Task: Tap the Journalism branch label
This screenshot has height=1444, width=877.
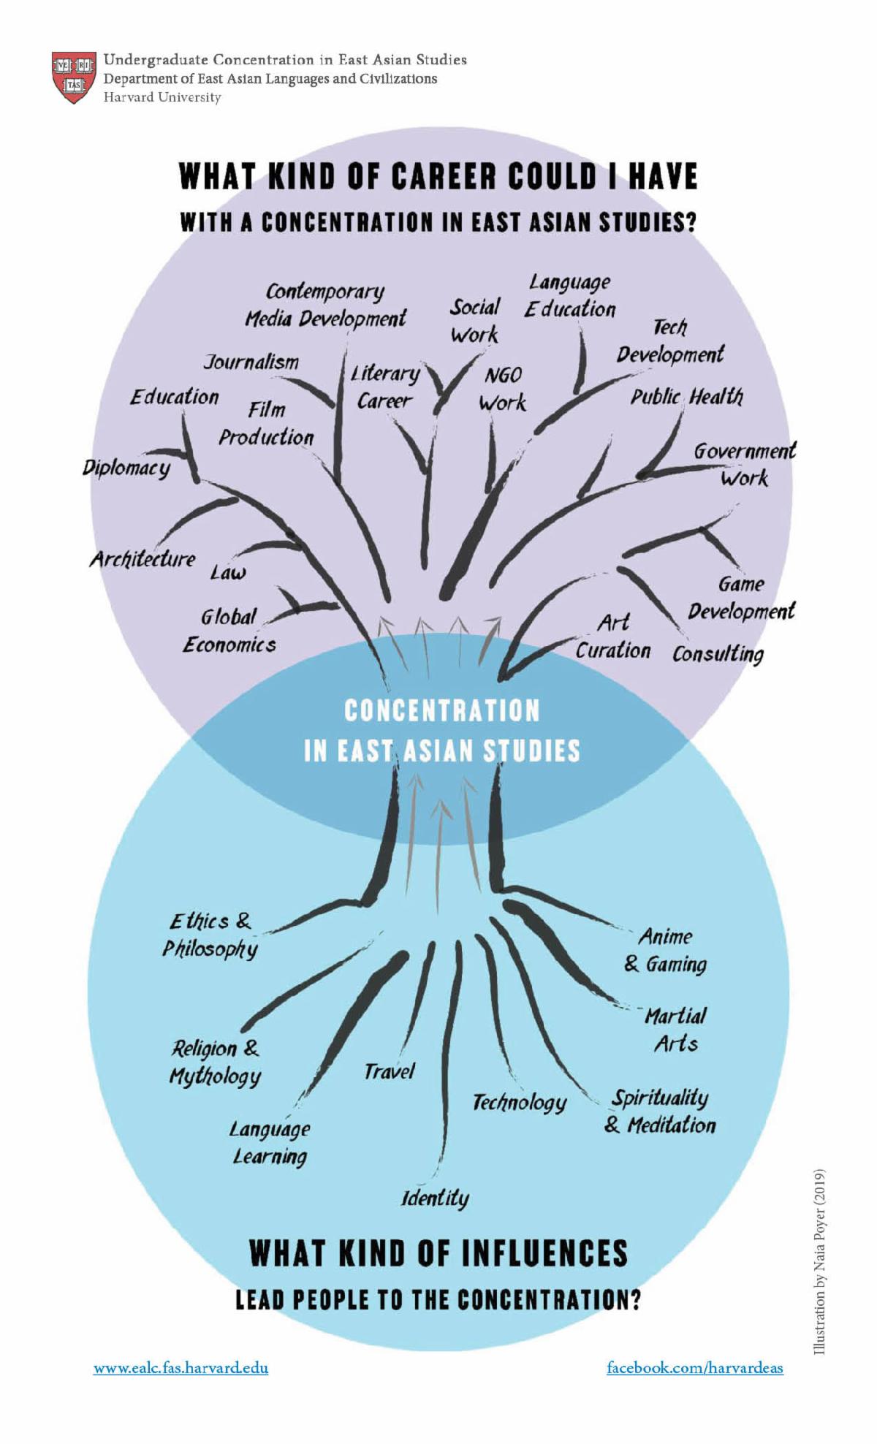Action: point(251,362)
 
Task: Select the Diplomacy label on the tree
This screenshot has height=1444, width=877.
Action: point(126,468)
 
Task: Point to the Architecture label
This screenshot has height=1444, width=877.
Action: point(143,559)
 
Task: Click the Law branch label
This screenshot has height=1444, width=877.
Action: point(228,572)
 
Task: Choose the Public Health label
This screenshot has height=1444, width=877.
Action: point(686,397)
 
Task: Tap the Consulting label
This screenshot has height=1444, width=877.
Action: point(718,653)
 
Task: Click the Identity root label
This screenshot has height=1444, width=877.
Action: point(435,1198)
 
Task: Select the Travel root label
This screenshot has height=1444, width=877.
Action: point(389,1071)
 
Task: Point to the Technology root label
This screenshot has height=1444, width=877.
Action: point(519,1102)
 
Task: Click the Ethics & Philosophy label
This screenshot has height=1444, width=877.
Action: point(210,935)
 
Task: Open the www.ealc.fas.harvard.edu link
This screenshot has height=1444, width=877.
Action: point(181,1368)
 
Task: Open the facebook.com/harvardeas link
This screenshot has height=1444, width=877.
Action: point(694,1368)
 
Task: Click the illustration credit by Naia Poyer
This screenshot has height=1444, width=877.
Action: point(819,1261)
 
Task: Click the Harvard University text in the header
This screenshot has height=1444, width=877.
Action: point(162,97)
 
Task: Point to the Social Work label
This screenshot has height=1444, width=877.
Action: point(475,321)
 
